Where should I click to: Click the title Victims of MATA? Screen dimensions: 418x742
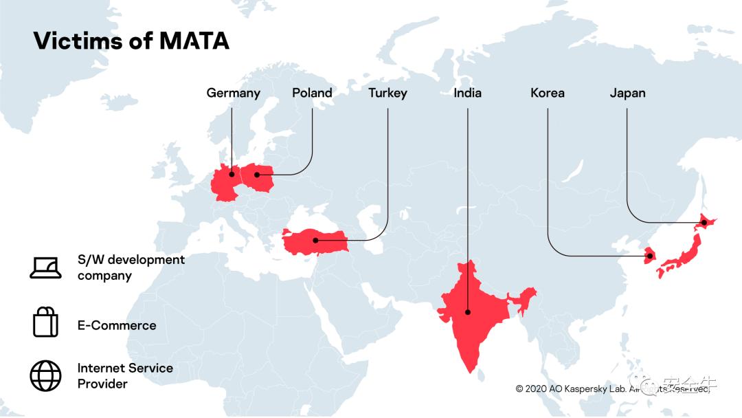coord(131,41)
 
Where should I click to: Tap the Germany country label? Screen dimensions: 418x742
coord(233,93)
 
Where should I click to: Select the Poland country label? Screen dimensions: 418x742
coord(312,93)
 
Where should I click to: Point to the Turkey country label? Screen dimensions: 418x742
coord(387,93)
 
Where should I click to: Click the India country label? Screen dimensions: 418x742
coord(467,93)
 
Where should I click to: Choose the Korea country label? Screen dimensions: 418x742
coord(548,93)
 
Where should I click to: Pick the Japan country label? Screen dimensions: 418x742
coord(627,93)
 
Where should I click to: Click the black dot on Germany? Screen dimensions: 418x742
coord(232,175)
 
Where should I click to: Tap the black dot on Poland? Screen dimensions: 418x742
coord(258,175)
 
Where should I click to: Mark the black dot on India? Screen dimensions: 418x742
coord(468,311)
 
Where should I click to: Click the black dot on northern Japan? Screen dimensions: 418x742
coord(704,223)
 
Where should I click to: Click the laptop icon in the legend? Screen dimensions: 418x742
coord(45,267)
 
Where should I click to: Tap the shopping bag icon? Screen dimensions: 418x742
coord(45,322)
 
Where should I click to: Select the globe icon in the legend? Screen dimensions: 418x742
coord(45,375)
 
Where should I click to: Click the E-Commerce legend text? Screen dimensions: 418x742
coord(117,325)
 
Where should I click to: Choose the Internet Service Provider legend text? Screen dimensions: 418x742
coord(125,376)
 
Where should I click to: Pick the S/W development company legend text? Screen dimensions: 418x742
coord(131,267)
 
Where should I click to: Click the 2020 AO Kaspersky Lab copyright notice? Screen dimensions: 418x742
coord(611,388)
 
